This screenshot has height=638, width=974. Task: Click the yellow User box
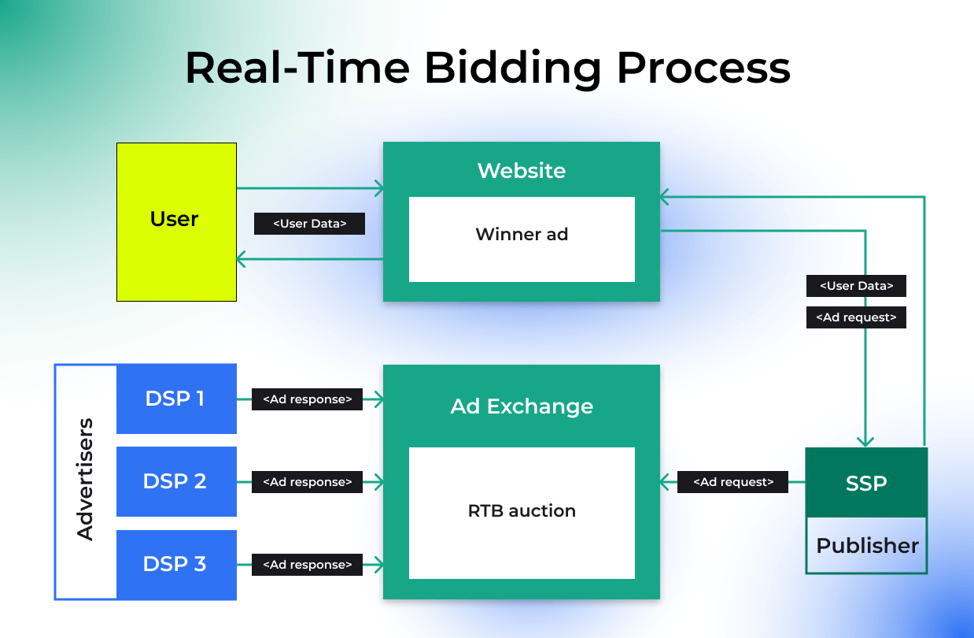tap(176, 221)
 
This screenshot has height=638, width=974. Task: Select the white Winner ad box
tap(522, 239)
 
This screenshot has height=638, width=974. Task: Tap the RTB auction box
tap(522, 512)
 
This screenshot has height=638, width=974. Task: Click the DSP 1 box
tap(176, 399)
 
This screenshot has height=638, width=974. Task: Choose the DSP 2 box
tap(176, 481)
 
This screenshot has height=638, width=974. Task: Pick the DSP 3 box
tap(176, 564)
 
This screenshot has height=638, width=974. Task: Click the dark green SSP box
tap(866, 483)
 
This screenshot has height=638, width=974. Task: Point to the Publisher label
tap(867, 545)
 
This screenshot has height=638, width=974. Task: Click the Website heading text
tap(522, 170)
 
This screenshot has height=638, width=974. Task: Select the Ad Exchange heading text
tap(522, 406)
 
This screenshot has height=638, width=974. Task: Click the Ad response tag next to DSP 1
tap(307, 399)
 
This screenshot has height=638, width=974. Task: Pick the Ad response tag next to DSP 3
tap(307, 565)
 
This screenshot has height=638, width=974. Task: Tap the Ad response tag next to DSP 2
tap(307, 482)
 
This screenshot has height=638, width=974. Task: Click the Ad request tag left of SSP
tap(732, 482)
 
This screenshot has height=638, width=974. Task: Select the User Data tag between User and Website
tap(310, 224)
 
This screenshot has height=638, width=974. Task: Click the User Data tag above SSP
tap(856, 286)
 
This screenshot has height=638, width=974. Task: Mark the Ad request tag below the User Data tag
tap(856, 317)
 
